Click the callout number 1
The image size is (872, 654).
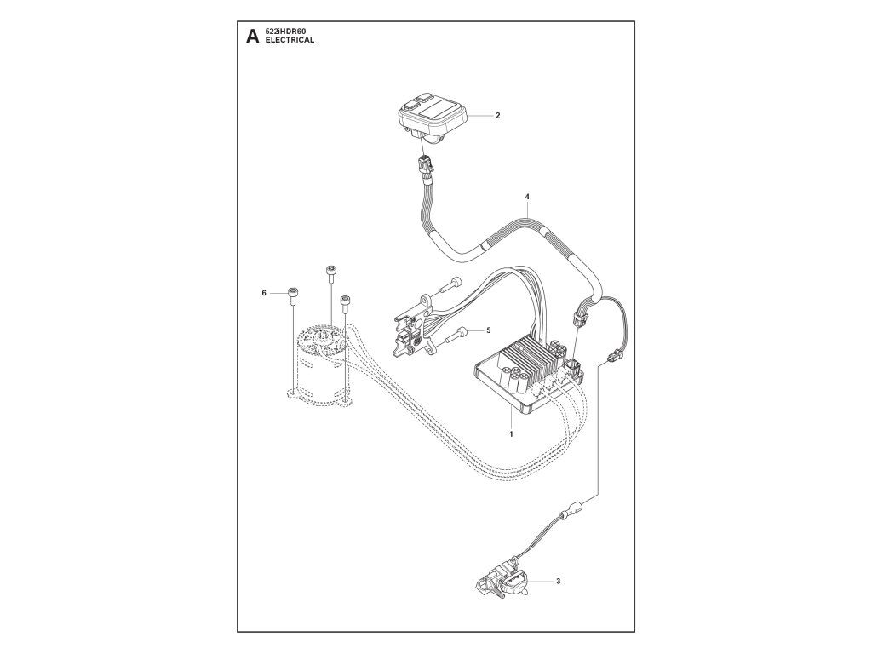[510, 433]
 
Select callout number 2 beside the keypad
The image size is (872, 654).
[497, 114]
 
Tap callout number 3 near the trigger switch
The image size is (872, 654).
[558, 582]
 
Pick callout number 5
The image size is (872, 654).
[488, 330]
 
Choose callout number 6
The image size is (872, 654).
[264, 293]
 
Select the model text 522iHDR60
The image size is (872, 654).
[285, 32]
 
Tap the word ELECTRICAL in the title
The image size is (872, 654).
[290, 40]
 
